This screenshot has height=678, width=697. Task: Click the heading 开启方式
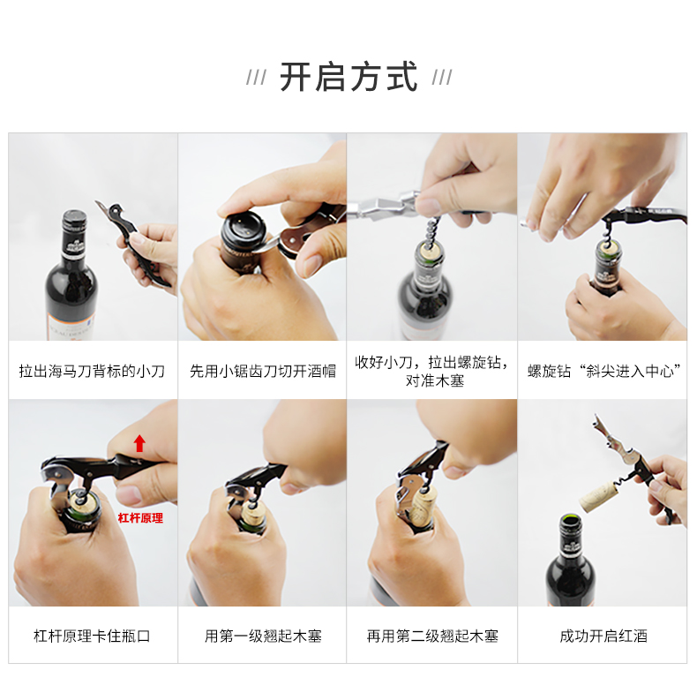(348, 78)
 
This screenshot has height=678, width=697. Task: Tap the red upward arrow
(139, 443)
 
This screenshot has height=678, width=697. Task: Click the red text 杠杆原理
(140, 518)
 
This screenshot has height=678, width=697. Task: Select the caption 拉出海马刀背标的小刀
(92, 371)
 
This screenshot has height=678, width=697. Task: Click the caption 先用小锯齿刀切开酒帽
(263, 371)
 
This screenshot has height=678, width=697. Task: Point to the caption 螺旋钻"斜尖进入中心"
(603, 371)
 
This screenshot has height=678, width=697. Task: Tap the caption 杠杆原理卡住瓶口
(92, 636)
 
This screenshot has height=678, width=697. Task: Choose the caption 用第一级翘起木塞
(263, 636)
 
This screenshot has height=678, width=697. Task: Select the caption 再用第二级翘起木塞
(432, 636)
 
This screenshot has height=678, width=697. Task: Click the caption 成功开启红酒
(603, 636)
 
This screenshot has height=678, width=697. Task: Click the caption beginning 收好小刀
(432, 371)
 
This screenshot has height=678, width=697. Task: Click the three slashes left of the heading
(257, 78)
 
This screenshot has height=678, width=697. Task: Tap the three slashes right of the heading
(442, 78)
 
